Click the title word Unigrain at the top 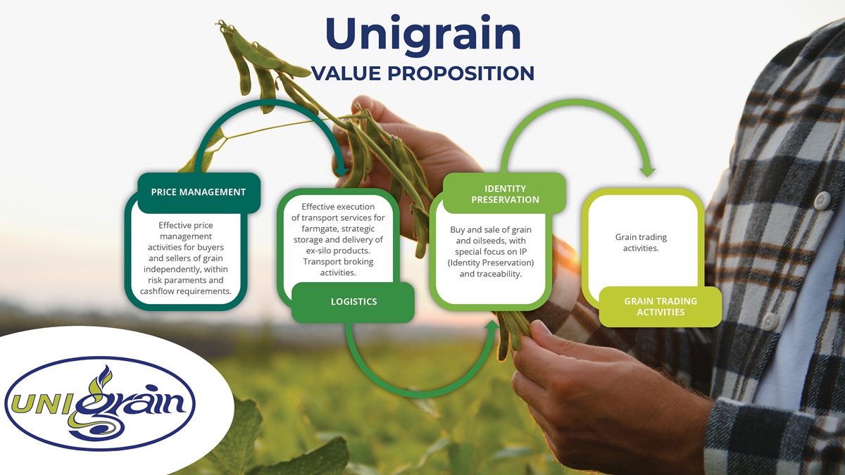423,34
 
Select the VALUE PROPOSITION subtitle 423,73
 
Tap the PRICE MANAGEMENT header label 199,192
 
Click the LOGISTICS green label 353,302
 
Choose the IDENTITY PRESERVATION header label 505,194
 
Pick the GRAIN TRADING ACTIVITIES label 661,307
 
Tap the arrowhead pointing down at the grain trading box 648,171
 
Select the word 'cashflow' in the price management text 156,291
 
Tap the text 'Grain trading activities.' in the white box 641,242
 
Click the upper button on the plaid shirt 822,200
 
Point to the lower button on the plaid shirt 770,321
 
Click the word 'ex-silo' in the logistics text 318,251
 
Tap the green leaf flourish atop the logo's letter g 102,378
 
